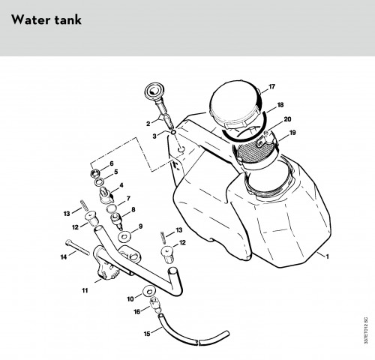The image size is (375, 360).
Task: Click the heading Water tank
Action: tap(46, 19)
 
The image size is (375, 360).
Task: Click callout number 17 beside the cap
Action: tap(271, 87)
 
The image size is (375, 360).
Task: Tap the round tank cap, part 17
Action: tap(235, 103)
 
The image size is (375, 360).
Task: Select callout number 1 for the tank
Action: tap(327, 256)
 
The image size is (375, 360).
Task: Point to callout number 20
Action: tap(287, 119)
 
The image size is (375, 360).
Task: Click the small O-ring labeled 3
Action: tap(173, 132)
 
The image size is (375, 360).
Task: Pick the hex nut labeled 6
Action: tap(95, 172)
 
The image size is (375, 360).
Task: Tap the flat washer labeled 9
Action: tap(124, 236)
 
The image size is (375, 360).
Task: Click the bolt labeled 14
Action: tap(77, 247)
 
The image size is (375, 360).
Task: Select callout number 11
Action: tap(85, 290)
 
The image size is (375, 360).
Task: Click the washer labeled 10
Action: tap(149, 291)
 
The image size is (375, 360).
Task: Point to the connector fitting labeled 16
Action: tap(155, 305)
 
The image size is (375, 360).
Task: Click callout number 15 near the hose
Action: tap(147, 334)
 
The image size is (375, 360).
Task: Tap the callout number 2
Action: tap(148, 124)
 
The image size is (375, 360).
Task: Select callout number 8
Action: tap(133, 209)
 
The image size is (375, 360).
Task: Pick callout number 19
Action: tap(292, 133)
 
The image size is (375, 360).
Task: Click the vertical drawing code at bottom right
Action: tap(366, 331)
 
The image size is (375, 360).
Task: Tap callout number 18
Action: tap(280, 105)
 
